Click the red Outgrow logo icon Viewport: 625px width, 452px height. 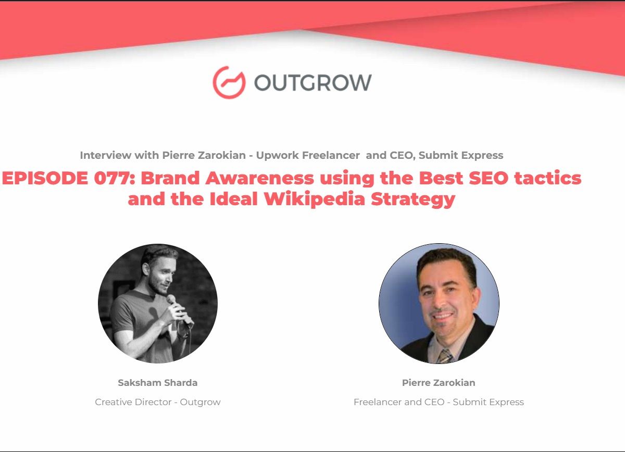tap(229, 82)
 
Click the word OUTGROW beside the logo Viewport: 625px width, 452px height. tap(313, 83)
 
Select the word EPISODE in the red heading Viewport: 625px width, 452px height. tap(45, 178)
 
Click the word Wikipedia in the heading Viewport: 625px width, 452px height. tap(315, 199)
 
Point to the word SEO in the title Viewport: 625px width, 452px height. tap(489, 178)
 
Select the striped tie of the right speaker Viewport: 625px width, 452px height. tap(445, 356)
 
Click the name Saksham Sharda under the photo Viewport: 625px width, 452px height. tap(158, 383)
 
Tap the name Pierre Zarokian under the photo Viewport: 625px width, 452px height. tap(439, 383)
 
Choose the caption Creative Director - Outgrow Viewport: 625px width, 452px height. tap(158, 402)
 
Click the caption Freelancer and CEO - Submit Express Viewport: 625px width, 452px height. tap(439, 402)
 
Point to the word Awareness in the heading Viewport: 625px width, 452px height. tap(259, 178)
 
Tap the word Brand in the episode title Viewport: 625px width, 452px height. tap(170, 178)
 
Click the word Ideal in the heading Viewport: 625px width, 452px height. tap(233, 199)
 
